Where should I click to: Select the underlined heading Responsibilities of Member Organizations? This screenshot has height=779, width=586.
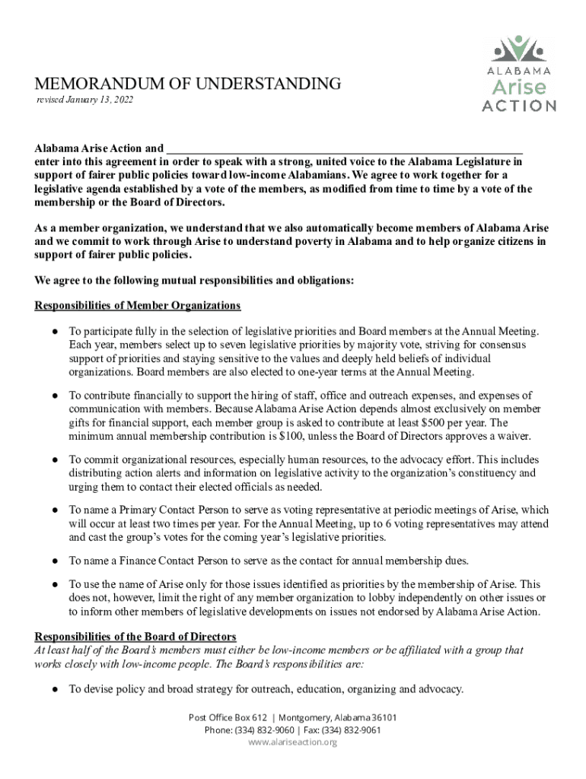coord(138,306)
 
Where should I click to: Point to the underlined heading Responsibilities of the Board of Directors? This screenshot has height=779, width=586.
coord(135,636)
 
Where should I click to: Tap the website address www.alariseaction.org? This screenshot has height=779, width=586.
coord(293,742)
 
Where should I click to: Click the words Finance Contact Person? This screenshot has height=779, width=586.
coord(167,561)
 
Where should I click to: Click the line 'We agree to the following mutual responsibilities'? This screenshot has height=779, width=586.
coord(194,281)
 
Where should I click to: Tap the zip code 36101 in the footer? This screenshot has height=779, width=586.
coord(384,717)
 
